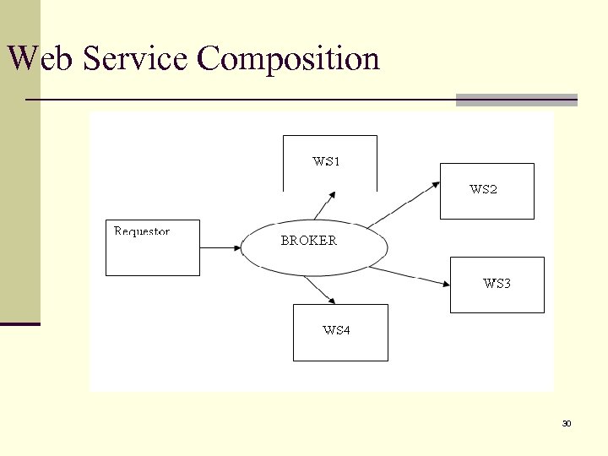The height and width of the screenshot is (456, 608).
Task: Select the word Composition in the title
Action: click(x=288, y=59)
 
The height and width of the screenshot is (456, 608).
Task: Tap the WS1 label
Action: click(x=326, y=161)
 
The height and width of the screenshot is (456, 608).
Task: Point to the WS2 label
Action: click(x=483, y=190)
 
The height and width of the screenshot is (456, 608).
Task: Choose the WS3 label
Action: click(x=497, y=284)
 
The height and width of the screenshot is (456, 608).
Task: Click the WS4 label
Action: click(x=336, y=330)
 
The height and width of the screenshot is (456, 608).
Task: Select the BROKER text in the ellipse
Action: click(x=308, y=241)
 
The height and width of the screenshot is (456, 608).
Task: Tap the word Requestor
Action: click(x=142, y=231)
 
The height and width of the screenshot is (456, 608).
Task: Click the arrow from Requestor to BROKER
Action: click(x=220, y=247)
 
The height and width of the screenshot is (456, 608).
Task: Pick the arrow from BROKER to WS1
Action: click(x=324, y=205)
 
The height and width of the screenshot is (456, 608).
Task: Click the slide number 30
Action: click(x=567, y=423)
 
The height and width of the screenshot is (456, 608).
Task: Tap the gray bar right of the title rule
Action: click(x=516, y=100)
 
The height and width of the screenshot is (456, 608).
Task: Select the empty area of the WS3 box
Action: click(x=497, y=300)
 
